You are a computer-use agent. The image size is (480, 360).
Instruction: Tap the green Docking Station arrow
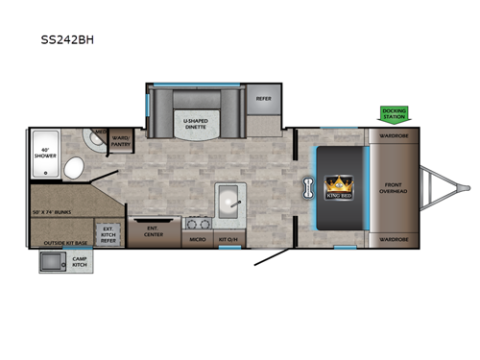point(394,114)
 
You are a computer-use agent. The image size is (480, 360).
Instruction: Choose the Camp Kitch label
point(80,260)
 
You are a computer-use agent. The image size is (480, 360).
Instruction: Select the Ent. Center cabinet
point(153,231)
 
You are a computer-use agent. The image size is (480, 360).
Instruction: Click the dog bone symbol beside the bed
point(309,184)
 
